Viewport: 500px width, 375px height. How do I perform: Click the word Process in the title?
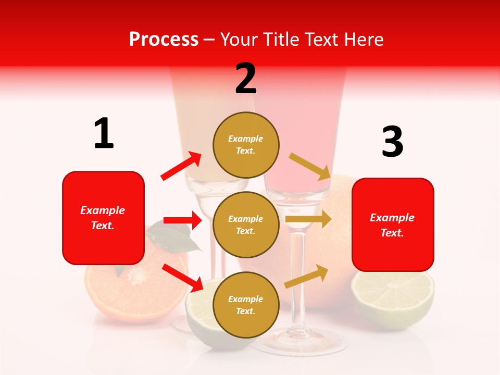(x=164, y=39)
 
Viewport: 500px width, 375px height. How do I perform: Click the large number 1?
(x=104, y=133)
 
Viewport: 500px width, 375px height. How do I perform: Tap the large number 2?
(x=246, y=78)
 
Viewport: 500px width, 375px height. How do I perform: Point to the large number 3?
(x=392, y=142)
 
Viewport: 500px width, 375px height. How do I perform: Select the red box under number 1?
(x=103, y=218)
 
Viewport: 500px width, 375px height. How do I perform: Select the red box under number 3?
(x=393, y=225)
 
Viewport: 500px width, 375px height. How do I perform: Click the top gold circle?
(x=246, y=145)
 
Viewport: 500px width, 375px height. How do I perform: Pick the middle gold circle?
(x=246, y=224)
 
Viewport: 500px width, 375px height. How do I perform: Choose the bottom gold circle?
(x=246, y=305)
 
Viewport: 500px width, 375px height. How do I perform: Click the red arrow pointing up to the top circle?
(x=181, y=166)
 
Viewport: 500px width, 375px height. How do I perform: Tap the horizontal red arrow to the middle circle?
(x=182, y=220)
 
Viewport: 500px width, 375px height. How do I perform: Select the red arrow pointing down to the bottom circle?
(x=182, y=277)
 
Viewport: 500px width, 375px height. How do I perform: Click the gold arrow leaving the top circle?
(x=310, y=166)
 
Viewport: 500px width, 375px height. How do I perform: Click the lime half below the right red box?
(x=392, y=299)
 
